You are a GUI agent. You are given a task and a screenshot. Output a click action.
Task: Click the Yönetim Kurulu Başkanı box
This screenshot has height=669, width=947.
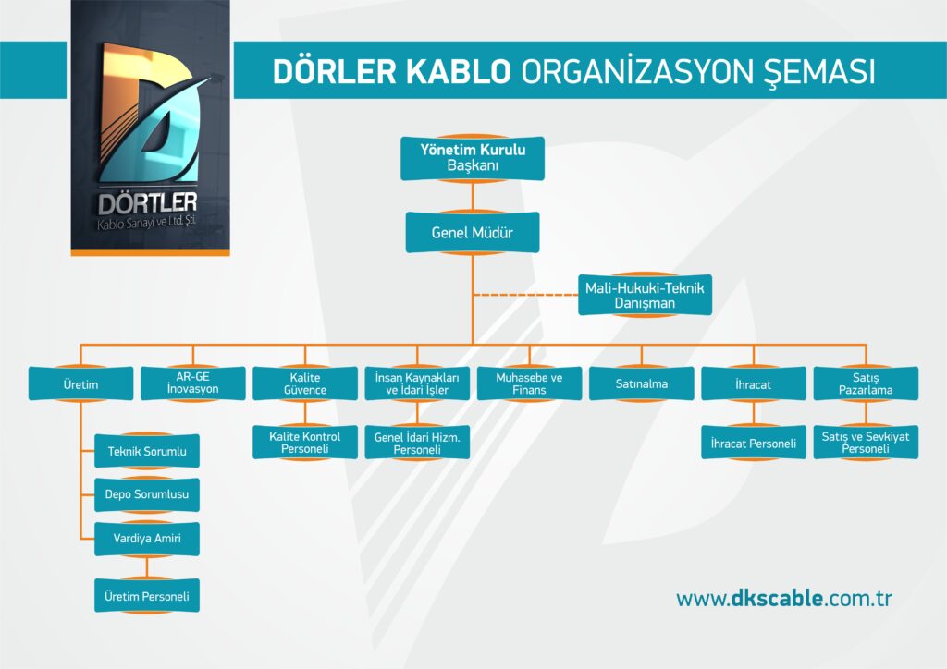473,158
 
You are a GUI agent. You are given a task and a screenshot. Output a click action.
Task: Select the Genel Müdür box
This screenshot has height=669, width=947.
473,232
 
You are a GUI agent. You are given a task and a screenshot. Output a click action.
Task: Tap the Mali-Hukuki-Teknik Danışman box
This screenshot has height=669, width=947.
645,295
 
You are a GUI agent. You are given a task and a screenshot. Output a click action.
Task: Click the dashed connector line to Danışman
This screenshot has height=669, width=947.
525,295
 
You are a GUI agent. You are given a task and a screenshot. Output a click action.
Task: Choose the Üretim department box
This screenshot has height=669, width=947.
81,383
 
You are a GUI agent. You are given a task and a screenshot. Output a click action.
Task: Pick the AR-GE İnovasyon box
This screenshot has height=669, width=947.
193,383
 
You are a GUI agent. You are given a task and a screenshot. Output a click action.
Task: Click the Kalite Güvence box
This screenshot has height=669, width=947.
305,383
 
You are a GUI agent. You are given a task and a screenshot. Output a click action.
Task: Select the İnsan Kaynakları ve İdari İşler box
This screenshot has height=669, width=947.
417,383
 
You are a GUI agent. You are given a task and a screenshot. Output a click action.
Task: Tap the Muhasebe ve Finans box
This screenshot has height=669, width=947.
529,383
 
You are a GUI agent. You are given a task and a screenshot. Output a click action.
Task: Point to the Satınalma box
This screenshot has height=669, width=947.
642,383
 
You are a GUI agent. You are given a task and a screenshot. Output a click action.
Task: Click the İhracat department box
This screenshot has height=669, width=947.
754,383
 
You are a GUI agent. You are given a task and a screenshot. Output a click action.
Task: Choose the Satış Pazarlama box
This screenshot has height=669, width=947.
866,383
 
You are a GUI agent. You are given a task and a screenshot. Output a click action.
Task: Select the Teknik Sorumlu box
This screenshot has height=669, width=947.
147,451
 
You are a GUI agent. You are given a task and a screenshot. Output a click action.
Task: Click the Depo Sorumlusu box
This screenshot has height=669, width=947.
147,494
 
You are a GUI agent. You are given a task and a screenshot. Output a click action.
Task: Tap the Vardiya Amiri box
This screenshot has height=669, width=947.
147,539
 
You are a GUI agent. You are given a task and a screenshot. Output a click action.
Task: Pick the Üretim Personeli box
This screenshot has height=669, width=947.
147,596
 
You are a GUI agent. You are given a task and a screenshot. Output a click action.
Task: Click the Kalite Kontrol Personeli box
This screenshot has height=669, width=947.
305,443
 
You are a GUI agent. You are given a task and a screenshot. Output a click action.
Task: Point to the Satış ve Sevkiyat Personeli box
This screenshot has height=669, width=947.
866,443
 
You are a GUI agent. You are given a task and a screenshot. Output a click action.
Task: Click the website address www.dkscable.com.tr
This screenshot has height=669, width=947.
784,599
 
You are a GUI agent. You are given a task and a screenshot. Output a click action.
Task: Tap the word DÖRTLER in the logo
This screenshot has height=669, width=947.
148,204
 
